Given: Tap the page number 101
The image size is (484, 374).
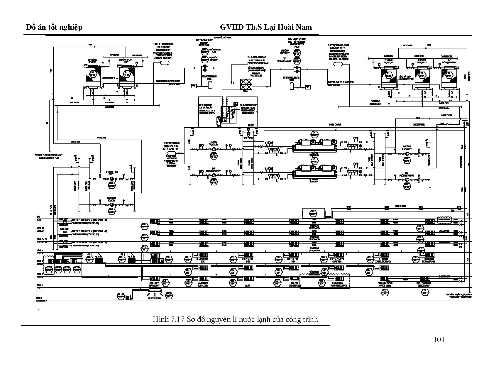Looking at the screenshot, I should pos(439,340).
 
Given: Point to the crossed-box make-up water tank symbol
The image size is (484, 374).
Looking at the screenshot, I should pos(246,84).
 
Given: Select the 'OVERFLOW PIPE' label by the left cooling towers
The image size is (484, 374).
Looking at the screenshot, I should pos(108,78).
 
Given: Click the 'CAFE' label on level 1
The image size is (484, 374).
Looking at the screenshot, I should pos(247,285).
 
